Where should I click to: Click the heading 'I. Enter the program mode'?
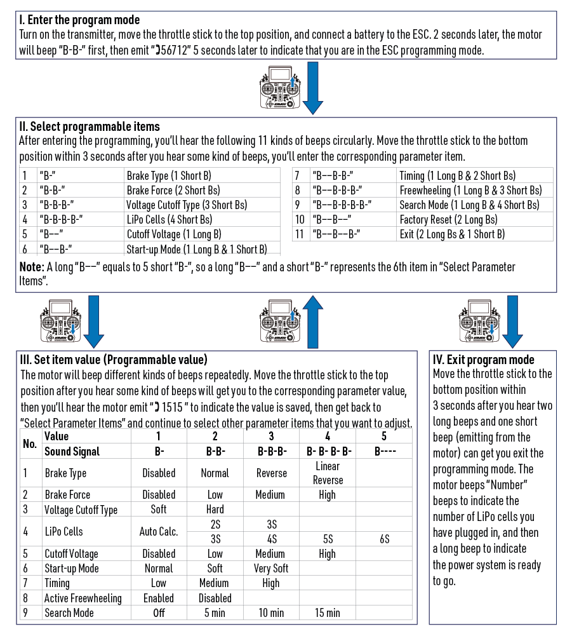(80, 20)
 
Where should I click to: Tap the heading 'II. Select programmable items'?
(90, 126)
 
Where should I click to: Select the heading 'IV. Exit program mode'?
(483, 360)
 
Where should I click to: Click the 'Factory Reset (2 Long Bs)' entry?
(448, 219)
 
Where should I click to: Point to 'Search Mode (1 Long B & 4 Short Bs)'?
(469, 205)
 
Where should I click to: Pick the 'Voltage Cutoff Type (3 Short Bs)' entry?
(187, 205)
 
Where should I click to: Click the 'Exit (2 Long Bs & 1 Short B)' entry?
(452, 234)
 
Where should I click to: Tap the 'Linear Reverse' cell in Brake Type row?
(328, 473)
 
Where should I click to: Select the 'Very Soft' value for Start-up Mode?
(271, 569)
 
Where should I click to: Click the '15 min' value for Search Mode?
(328, 613)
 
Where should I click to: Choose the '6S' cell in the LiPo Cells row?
(383, 539)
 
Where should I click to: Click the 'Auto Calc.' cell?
(159, 532)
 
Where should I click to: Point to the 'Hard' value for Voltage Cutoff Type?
(215, 510)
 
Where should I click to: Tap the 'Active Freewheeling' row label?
(83, 599)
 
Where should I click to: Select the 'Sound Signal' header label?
(72, 452)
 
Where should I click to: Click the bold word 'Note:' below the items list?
(32, 267)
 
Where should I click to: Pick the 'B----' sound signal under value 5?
(383, 452)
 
